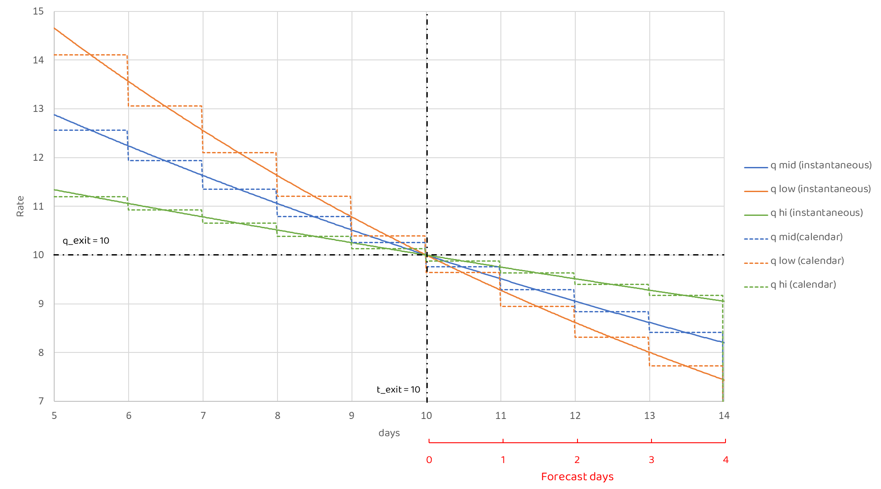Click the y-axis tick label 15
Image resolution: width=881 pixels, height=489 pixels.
[x=38, y=11]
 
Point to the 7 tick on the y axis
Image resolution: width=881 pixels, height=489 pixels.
[x=41, y=401]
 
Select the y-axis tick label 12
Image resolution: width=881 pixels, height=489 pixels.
[x=38, y=158]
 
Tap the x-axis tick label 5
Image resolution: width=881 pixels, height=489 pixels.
[x=54, y=415]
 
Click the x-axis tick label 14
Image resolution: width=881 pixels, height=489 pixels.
[x=724, y=415]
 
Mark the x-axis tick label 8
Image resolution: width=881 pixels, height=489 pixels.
[x=278, y=415]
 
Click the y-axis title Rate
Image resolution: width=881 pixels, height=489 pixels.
[x=20, y=206]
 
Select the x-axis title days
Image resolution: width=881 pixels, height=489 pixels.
[x=389, y=433]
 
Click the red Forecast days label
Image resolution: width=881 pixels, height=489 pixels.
[x=577, y=477]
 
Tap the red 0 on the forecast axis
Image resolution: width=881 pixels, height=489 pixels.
[x=429, y=460]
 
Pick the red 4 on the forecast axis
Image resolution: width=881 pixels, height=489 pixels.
[x=726, y=460]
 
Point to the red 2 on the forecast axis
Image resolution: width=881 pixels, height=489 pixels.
[x=577, y=460]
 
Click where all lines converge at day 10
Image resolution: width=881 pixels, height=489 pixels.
[x=426, y=255]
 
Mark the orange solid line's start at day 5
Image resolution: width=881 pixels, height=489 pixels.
[x=55, y=28]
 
